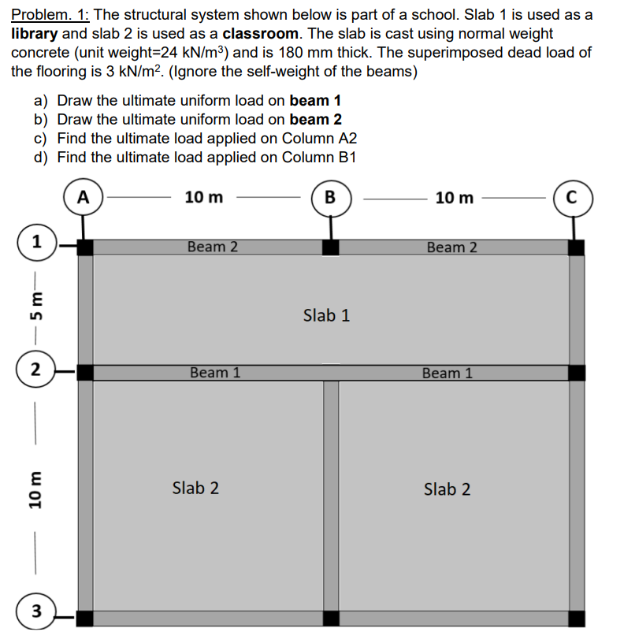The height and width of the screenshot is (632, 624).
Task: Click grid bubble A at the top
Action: pyautogui.click(x=83, y=196)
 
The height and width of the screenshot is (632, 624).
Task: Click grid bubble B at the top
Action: pyautogui.click(x=330, y=196)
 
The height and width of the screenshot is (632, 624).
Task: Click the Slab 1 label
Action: pyautogui.click(x=326, y=316)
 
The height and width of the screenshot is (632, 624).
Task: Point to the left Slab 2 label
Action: pyautogui.click(x=195, y=488)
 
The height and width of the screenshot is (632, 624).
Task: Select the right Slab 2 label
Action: pyautogui.click(x=447, y=489)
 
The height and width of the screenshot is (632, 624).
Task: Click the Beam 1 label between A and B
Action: pyautogui.click(x=215, y=372)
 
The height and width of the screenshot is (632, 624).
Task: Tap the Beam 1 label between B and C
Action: pyautogui.click(x=447, y=373)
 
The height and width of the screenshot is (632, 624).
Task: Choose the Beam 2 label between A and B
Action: pyautogui.click(x=213, y=247)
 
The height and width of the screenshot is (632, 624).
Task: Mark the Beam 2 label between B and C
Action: pyautogui.click(x=451, y=247)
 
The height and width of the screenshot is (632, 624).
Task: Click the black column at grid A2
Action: pyautogui.click(x=84, y=372)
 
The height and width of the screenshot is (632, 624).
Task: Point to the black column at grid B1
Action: pyautogui.click(x=330, y=247)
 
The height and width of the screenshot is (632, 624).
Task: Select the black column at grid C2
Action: pyautogui.click(x=577, y=372)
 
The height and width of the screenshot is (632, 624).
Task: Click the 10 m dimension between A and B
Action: pyautogui.click(x=203, y=197)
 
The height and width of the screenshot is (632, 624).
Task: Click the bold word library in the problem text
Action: pyautogui.click(x=35, y=34)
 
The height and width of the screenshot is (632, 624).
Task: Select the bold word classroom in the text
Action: pyautogui.click(x=260, y=34)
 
